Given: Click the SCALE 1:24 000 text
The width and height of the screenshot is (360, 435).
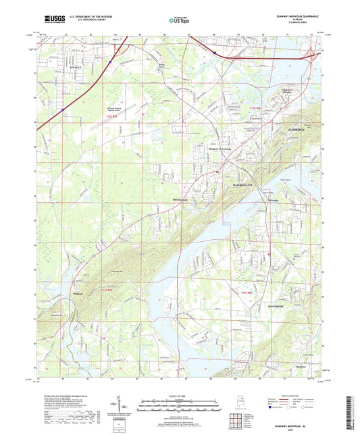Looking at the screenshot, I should click(x=179, y=396).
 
